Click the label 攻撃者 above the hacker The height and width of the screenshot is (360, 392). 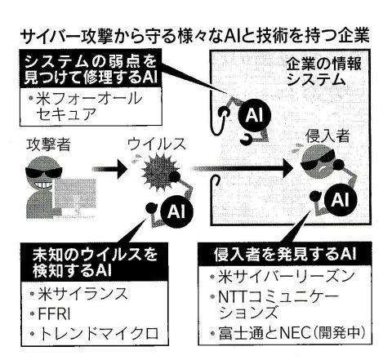point(48,144)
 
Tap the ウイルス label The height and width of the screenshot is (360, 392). point(157,144)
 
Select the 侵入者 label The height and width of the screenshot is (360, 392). point(327,136)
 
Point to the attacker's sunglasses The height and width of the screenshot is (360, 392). point(44,172)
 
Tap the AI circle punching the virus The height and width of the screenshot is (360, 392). point(176,211)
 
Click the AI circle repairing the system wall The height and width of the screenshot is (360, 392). point(254,115)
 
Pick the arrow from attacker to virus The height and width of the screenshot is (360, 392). point(109,169)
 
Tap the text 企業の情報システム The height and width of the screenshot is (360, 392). point(323,72)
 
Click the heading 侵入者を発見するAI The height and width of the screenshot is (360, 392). point(285,254)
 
